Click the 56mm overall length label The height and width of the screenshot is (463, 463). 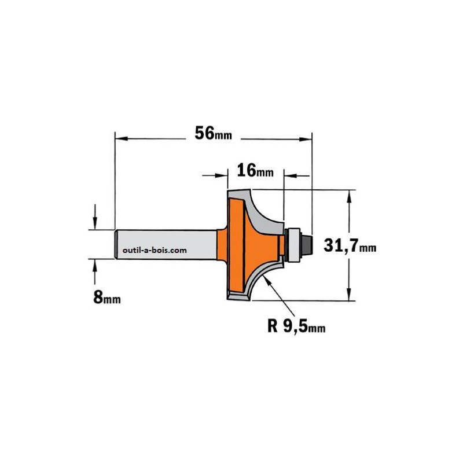[213, 133]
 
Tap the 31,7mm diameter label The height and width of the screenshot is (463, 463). [350, 245]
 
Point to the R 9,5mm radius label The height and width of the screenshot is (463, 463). [296, 326]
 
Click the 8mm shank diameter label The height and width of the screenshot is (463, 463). [107, 297]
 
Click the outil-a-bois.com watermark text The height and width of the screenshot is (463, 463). [155, 251]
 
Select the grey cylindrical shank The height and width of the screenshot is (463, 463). [166, 244]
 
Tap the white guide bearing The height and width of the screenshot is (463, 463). [293, 244]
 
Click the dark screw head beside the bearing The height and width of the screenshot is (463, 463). [307, 244]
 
